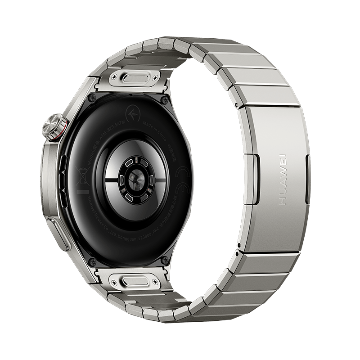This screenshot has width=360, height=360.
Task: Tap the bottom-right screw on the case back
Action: click(x=165, y=260)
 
